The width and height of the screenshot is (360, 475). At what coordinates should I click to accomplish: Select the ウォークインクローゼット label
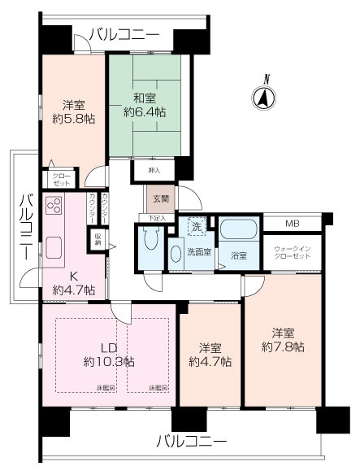tap(291, 251)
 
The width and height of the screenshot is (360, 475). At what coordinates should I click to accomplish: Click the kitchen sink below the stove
tap(55, 246)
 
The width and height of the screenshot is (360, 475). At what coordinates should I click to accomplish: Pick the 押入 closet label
tap(154, 171)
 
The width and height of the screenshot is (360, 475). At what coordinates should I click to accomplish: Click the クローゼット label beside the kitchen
tap(62, 180)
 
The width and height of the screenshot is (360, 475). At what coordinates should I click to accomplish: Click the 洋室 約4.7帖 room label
tap(210, 352)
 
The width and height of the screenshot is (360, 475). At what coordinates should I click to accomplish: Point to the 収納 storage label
tap(97, 240)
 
